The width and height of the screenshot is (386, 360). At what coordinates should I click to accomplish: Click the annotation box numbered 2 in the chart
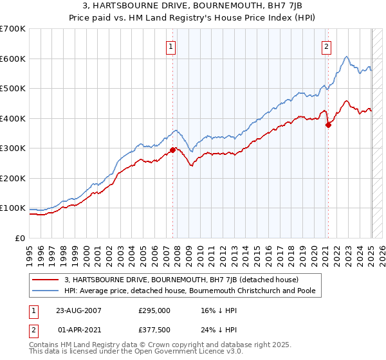(x=327, y=46)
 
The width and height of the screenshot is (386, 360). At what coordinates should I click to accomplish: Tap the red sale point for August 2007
(x=172, y=150)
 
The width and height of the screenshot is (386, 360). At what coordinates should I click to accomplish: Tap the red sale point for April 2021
(x=328, y=125)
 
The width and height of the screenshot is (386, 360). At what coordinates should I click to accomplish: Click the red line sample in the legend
(x=46, y=279)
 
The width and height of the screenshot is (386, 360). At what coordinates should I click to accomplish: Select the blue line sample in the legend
(x=46, y=291)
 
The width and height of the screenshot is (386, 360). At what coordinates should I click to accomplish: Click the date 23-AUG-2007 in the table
(x=78, y=310)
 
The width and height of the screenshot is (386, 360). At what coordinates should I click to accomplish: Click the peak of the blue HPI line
(x=346, y=57)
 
